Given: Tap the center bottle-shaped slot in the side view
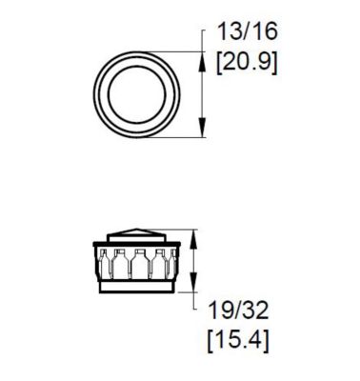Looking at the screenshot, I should [x=140, y=262].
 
